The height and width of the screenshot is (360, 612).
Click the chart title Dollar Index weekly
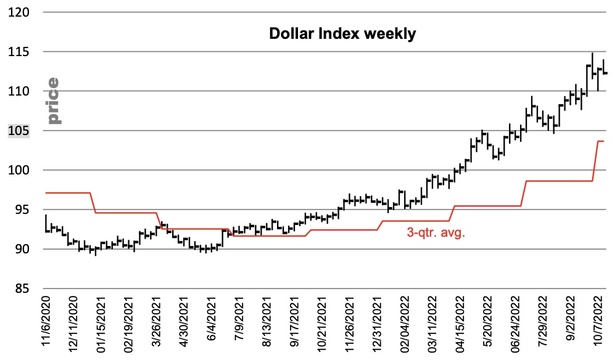(x=342, y=34)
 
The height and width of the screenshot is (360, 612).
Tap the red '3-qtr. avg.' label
(x=435, y=233)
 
